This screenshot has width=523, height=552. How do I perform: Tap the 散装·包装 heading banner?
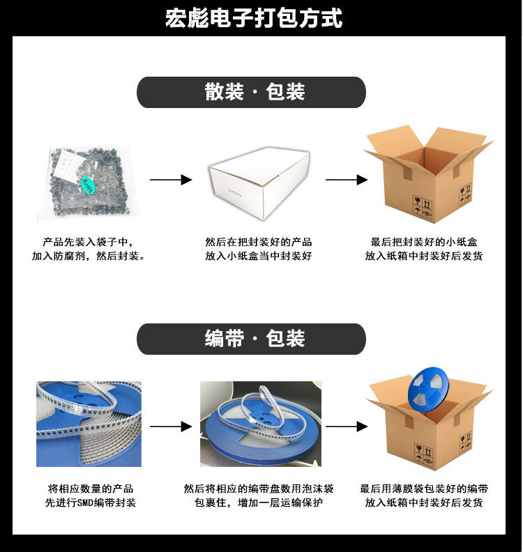[x=251, y=93]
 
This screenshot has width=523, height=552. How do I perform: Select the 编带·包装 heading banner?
[x=251, y=339]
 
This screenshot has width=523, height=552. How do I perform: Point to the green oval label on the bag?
[x=89, y=185]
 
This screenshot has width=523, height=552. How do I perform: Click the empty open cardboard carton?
[x=427, y=174]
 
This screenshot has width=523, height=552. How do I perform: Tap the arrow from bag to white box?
[x=171, y=180]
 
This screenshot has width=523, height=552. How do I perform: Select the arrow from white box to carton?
[x=346, y=180]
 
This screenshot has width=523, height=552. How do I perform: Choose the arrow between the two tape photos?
[x=171, y=427]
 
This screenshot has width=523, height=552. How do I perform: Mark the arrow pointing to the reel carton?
[x=346, y=427]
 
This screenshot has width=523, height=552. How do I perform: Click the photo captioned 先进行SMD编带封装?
[x=89, y=424]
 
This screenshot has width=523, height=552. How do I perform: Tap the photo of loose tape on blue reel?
[x=261, y=424]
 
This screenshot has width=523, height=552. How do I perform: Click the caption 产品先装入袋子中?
[x=88, y=242]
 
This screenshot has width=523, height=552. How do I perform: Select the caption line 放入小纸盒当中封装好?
[x=259, y=256]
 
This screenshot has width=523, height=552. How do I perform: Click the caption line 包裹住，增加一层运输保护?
[x=259, y=503]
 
